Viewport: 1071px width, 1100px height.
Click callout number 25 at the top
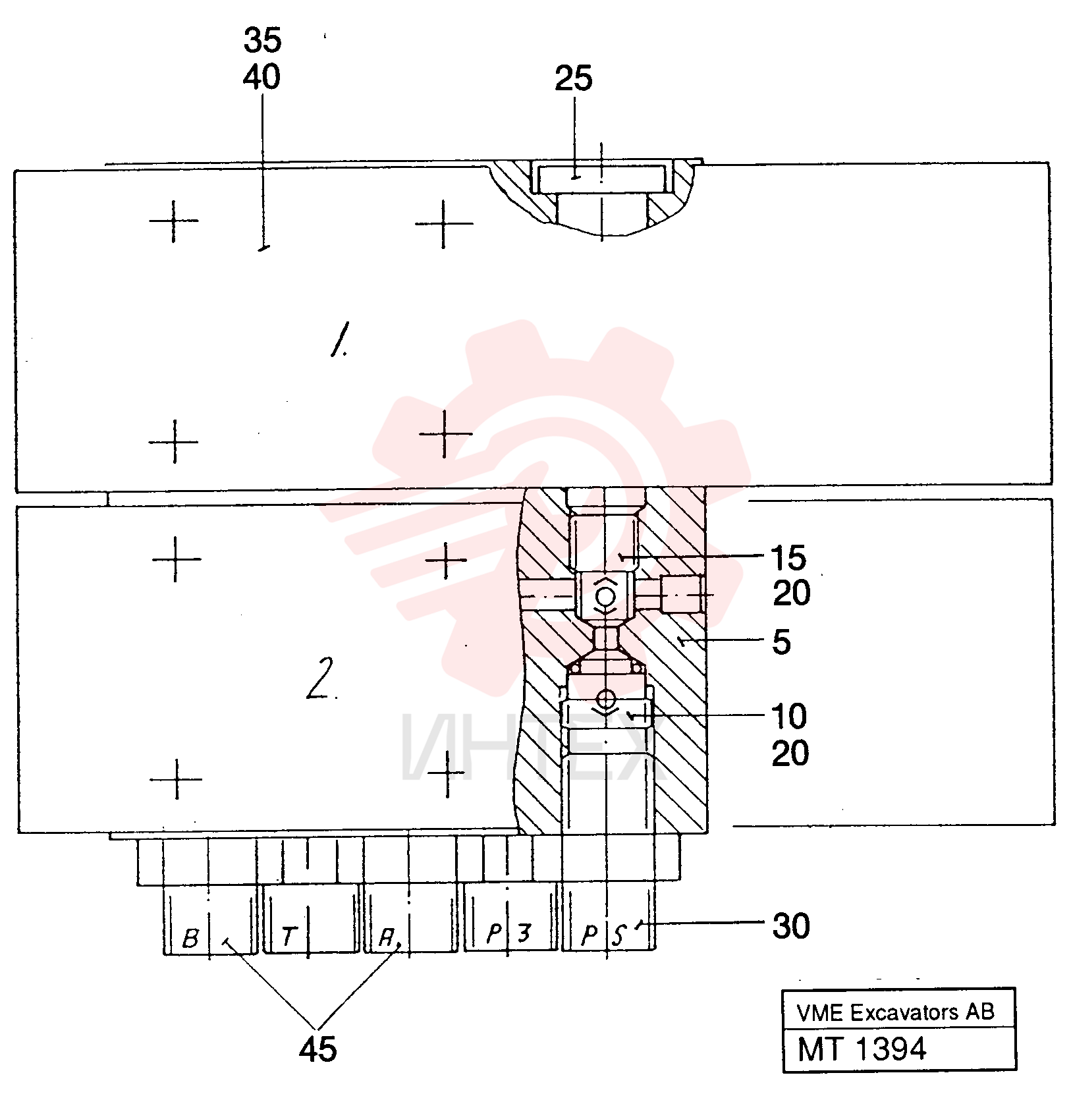coord(573,78)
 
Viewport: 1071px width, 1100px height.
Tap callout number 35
coord(262,40)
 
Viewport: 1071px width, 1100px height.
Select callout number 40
coord(261,77)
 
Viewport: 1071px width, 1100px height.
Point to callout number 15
coord(788,558)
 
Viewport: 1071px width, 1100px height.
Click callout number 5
coord(781,642)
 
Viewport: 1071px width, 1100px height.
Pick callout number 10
coord(788,716)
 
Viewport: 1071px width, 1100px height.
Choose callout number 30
coord(790,926)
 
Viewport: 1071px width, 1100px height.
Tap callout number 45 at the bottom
coord(317,1049)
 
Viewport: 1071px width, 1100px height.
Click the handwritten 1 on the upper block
coord(340,339)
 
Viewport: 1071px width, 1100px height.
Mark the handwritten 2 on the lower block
coord(321,678)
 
